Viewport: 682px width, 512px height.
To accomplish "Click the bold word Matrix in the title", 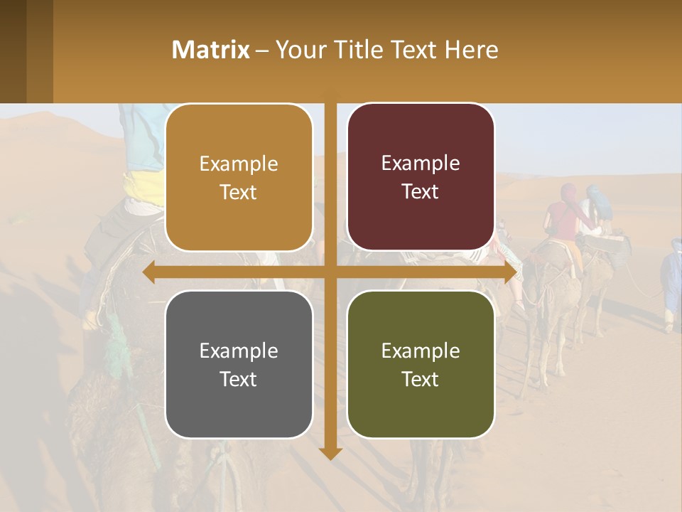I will click(x=210, y=50).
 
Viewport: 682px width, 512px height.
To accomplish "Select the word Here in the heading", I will click(x=471, y=50).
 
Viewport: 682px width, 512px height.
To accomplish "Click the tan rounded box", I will click(x=239, y=178).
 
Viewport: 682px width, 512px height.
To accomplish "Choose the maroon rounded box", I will click(x=421, y=177).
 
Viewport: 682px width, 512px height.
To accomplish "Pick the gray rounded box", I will click(x=239, y=364).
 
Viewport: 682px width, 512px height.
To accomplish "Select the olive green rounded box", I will click(x=421, y=364).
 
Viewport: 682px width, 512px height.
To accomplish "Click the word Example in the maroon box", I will click(x=421, y=163).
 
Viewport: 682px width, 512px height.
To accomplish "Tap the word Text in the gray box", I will click(x=238, y=379).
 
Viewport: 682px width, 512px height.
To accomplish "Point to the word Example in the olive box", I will click(x=421, y=351).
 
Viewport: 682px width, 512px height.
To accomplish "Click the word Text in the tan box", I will click(x=238, y=193).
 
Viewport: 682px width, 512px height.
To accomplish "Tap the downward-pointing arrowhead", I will click(x=330, y=453).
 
